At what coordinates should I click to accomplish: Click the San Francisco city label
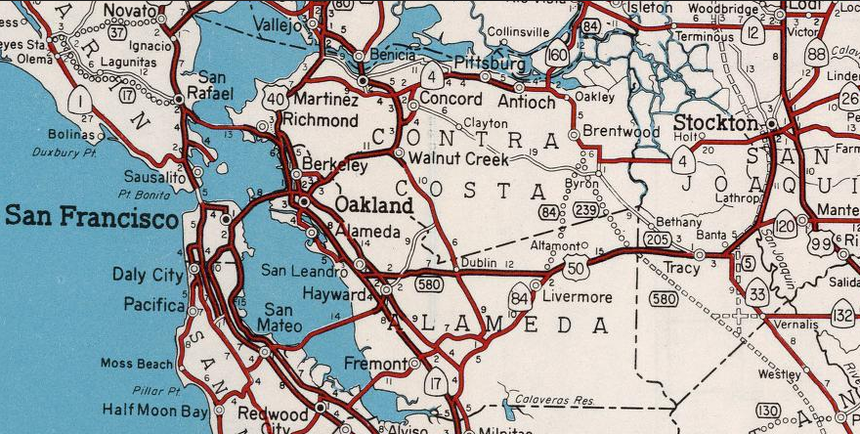click(90, 216)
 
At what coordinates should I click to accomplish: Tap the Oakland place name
click(374, 206)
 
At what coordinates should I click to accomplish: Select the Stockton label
click(716, 124)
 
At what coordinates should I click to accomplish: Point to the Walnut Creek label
click(459, 158)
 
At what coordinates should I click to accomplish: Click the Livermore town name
click(578, 297)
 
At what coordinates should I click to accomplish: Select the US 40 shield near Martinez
click(275, 97)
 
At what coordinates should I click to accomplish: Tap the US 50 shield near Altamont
click(575, 267)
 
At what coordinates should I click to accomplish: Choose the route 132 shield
click(843, 315)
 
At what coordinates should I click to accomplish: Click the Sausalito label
click(154, 178)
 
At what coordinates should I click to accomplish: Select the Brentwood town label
click(622, 131)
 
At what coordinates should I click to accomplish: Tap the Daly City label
click(148, 275)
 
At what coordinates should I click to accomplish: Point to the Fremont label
click(375, 364)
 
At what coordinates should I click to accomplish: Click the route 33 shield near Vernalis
click(757, 292)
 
